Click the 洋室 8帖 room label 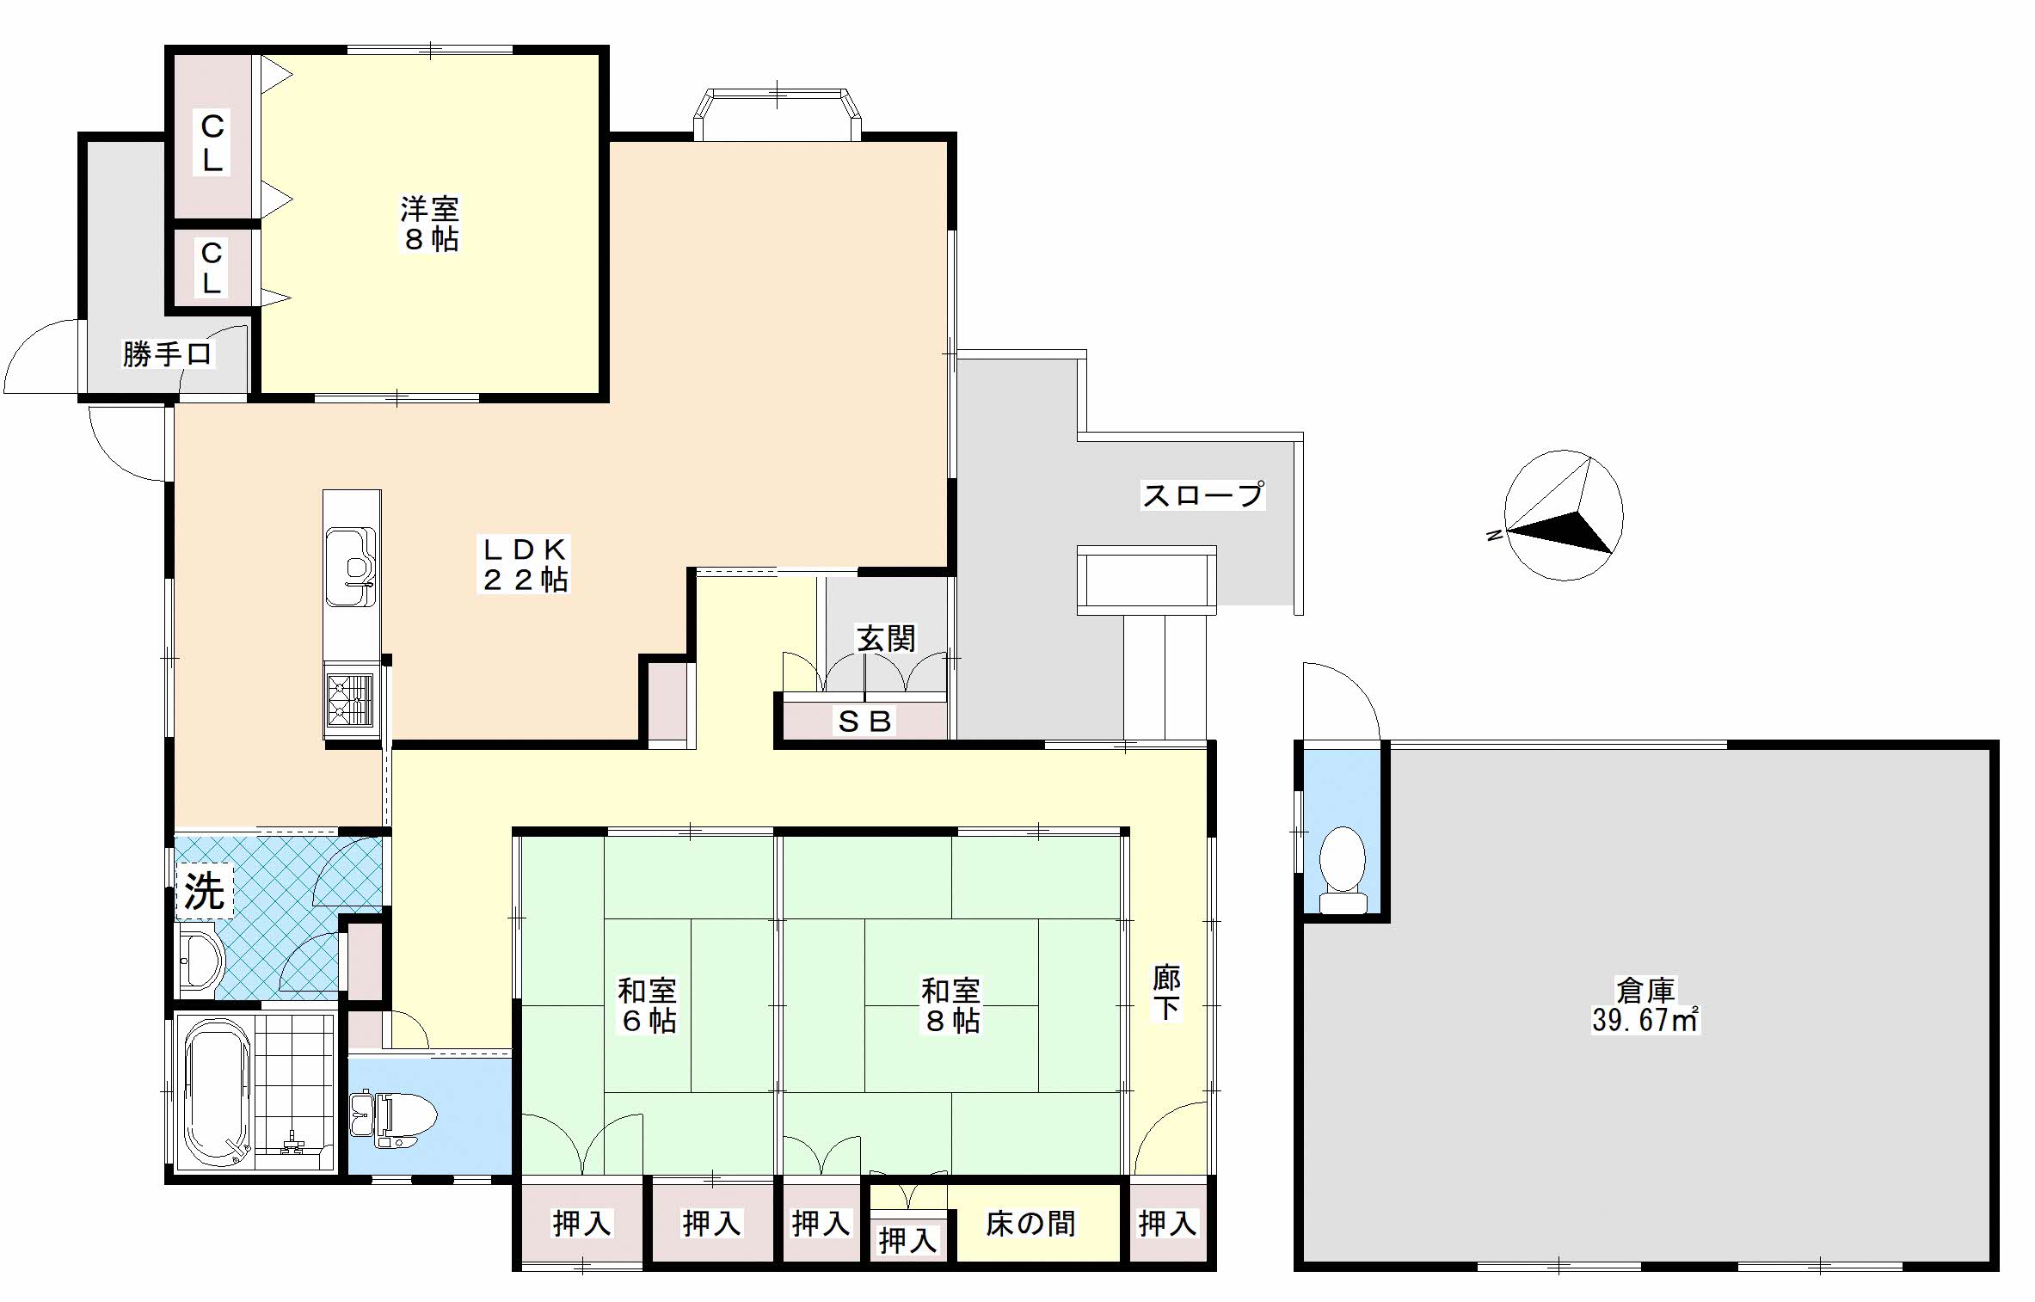tap(430, 224)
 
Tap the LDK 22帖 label tap(524, 564)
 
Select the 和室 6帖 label tap(648, 1005)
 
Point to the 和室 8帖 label tap(950, 1005)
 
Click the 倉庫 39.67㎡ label tap(1645, 1005)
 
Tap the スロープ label tap(1202, 494)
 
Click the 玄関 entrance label tap(886, 638)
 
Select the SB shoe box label tap(864, 722)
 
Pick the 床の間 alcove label tap(1030, 1223)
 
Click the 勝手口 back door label tap(167, 353)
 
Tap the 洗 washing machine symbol tap(205, 891)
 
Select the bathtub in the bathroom tap(217, 1092)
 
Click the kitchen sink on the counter tap(351, 567)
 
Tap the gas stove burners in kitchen tap(351, 700)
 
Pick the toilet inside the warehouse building tap(1342, 869)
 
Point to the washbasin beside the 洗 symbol tap(200, 961)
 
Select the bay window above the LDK tap(777, 114)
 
